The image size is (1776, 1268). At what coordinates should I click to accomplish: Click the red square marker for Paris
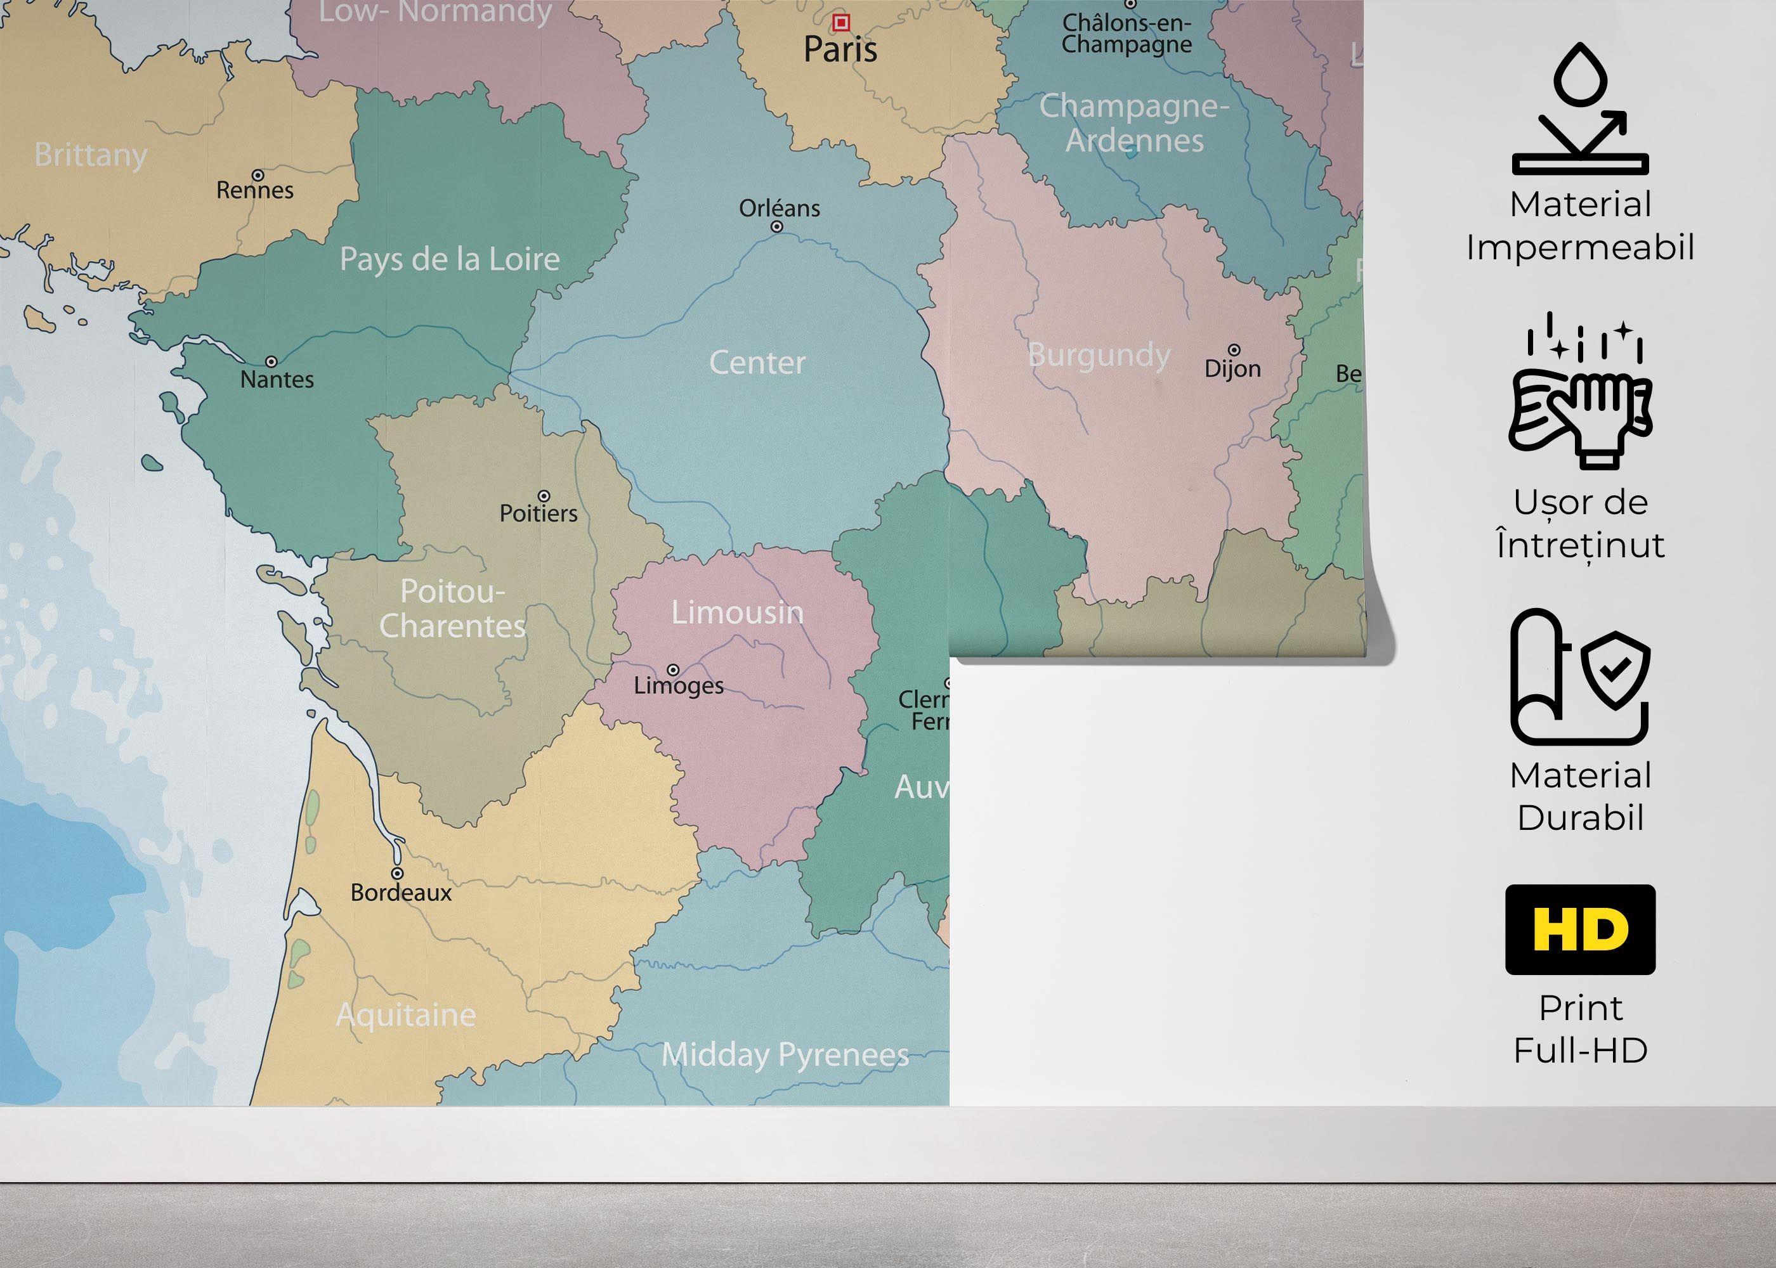click(840, 23)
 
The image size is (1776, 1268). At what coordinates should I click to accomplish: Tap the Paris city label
click(840, 50)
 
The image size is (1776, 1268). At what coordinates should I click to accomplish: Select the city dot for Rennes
click(258, 175)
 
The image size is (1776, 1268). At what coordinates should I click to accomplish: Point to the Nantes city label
click(277, 380)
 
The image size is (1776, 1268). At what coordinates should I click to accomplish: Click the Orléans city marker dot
click(776, 226)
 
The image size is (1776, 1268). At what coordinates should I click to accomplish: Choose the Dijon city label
click(1232, 368)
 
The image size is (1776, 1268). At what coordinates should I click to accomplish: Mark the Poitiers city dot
click(544, 496)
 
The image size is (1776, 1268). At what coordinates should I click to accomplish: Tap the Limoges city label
click(678, 685)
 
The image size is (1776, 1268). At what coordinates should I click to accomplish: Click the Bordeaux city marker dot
click(398, 873)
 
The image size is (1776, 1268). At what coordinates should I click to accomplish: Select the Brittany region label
click(91, 155)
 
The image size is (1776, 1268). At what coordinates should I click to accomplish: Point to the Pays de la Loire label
click(449, 259)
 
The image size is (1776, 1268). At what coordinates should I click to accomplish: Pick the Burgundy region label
click(1099, 355)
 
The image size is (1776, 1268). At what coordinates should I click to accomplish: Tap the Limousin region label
click(737, 612)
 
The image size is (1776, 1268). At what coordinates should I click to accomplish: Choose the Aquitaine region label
click(405, 1015)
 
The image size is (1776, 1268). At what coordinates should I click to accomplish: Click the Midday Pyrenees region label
click(785, 1055)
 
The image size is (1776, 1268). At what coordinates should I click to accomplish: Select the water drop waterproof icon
click(1580, 109)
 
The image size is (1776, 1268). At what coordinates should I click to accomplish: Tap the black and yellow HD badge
click(1580, 929)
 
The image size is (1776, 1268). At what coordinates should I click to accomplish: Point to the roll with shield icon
click(1580, 678)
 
